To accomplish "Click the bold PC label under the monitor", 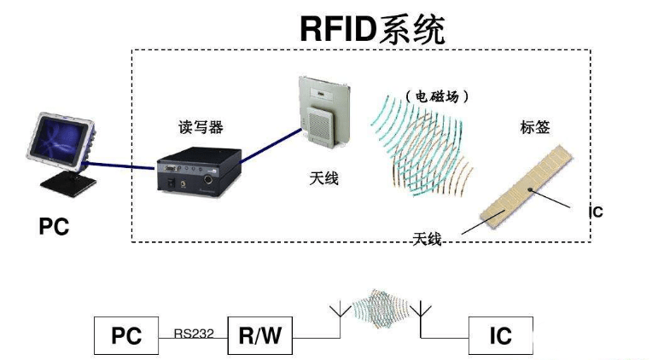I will pyautogui.click(x=54, y=226).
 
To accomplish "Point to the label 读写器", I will pyautogui.click(x=195, y=126).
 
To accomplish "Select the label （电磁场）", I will pyautogui.click(x=436, y=97).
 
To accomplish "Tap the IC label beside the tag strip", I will pyautogui.click(x=596, y=212).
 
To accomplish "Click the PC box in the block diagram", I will pyautogui.click(x=125, y=335).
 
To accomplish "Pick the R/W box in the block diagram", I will pyautogui.click(x=259, y=335).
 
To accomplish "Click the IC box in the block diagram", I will pyautogui.click(x=500, y=335).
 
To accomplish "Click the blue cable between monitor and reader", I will pyautogui.click(x=119, y=165).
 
